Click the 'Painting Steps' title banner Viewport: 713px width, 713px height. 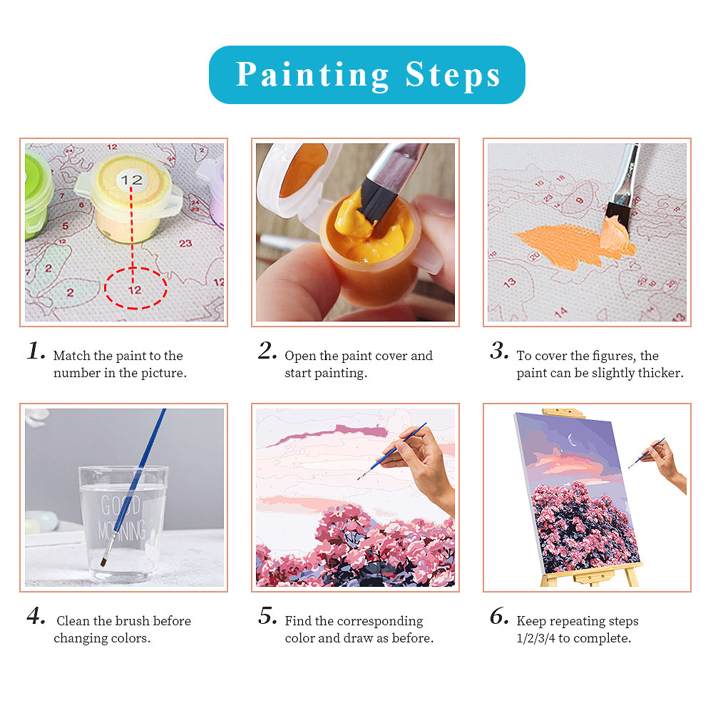click(366, 75)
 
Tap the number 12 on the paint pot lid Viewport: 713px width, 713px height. click(132, 180)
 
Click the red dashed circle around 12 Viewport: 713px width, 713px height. click(135, 289)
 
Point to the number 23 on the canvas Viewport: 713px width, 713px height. click(185, 243)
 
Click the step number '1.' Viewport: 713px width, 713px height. click(36, 351)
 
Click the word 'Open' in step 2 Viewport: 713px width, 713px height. click(299, 356)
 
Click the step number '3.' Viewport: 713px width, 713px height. click(499, 351)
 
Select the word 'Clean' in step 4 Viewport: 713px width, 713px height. click(73, 621)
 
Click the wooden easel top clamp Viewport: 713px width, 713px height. click(563, 414)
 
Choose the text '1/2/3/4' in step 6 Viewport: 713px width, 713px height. click(535, 638)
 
